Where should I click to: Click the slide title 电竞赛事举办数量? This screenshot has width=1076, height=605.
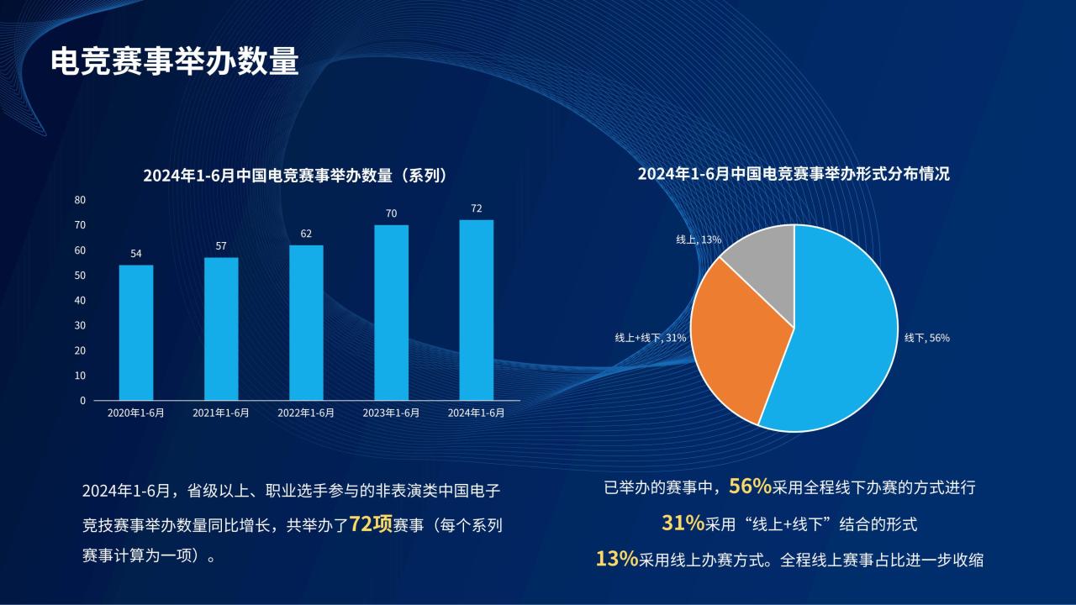point(175,61)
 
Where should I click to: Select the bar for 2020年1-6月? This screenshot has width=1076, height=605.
point(136,332)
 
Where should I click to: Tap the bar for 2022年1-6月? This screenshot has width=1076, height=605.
point(306,323)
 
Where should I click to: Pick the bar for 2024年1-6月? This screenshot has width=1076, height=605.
point(476,310)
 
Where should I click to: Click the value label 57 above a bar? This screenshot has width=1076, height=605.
point(221,246)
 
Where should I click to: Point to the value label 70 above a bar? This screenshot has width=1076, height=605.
point(392,213)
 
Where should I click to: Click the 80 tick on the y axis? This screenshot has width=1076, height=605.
point(80,200)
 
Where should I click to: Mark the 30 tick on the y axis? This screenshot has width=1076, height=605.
point(80,325)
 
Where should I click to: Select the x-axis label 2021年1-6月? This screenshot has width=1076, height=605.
point(221,413)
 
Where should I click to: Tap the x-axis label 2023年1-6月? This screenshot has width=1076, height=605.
point(391,413)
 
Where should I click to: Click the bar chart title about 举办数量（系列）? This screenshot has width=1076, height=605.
point(295,176)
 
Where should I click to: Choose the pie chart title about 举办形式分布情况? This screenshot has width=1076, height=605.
point(794,174)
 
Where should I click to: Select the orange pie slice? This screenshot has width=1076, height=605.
point(735,336)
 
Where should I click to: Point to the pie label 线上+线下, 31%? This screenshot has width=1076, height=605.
point(651,338)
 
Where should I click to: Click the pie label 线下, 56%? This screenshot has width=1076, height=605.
point(927,338)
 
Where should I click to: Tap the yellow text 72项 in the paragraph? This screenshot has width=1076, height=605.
point(371,524)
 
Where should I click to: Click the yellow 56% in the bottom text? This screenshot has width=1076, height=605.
point(751,487)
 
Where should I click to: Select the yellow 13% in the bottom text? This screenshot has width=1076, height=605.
point(617,559)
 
